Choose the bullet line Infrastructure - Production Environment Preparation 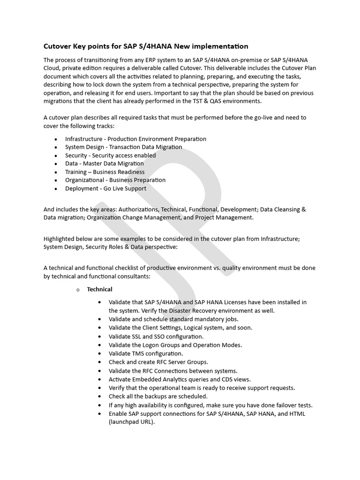click(x=135, y=139)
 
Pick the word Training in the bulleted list click(x=76, y=172)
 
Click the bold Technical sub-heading click(x=99, y=289)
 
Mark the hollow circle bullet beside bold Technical click(x=78, y=290)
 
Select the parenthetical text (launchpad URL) click(x=131, y=422)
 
